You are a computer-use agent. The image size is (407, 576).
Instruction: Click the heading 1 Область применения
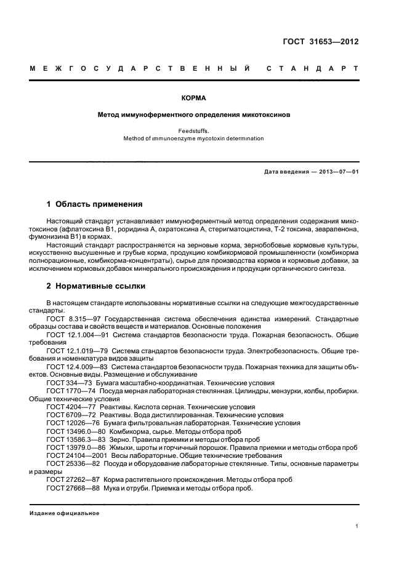pos(95,204)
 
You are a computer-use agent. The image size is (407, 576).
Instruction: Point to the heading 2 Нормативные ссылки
pos(97,286)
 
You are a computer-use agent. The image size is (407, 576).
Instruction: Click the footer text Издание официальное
pos(64,513)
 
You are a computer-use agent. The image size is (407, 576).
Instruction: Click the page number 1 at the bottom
pos(357,526)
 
